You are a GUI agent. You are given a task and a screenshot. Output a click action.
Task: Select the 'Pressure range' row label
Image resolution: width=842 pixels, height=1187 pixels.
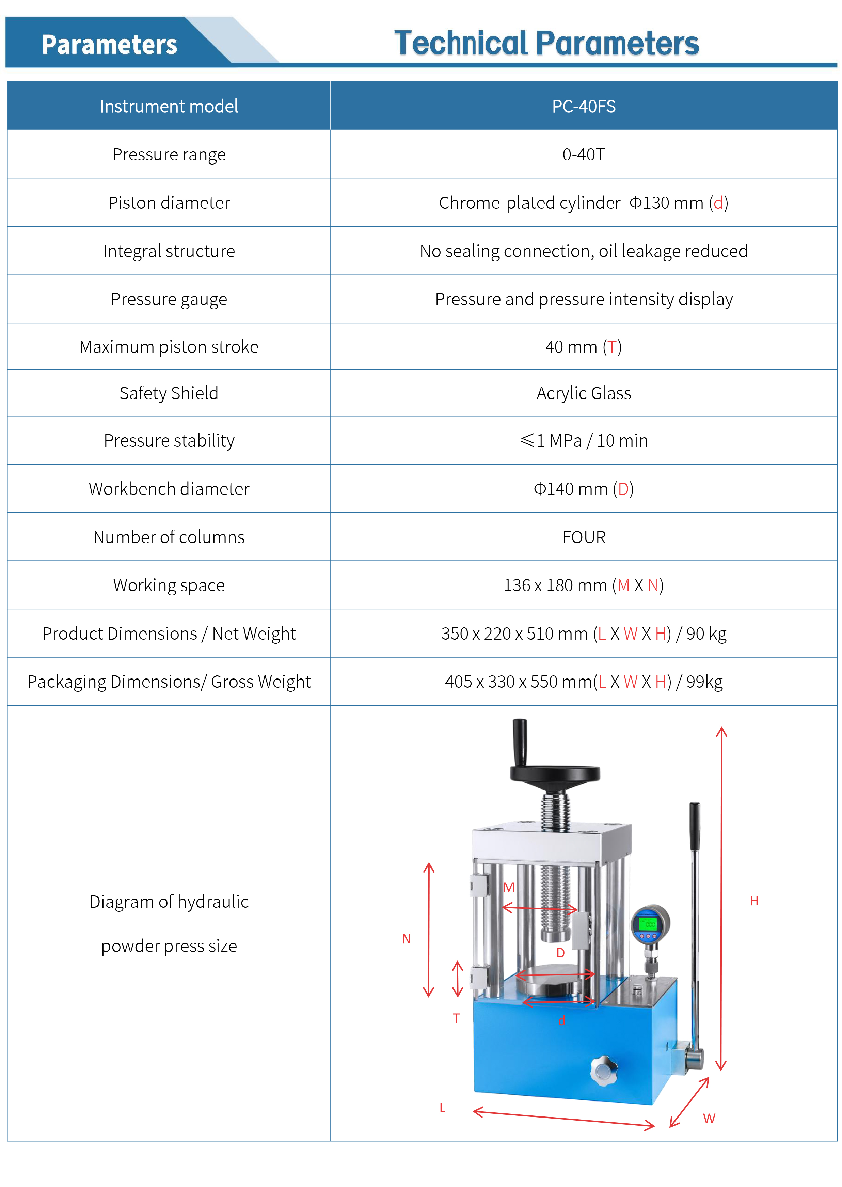click(x=169, y=155)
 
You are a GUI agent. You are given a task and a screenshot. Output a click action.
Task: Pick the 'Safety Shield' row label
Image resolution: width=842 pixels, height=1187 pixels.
click(x=169, y=393)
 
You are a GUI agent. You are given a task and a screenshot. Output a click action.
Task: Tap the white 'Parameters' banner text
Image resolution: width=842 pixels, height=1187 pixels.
click(x=109, y=45)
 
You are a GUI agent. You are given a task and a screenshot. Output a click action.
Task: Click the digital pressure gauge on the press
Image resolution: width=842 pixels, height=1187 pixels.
click(x=649, y=924)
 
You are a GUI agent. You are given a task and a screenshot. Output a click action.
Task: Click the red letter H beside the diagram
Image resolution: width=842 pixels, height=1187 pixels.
click(x=754, y=901)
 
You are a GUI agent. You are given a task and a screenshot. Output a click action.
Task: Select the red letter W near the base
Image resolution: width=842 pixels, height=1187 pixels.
click(x=709, y=1119)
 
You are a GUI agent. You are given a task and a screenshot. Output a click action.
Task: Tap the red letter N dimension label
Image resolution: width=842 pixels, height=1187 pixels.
click(x=407, y=939)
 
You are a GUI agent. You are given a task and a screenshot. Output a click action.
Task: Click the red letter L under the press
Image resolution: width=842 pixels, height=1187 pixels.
click(x=442, y=1108)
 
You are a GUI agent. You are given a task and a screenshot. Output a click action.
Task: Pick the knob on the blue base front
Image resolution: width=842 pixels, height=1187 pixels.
click(x=604, y=1070)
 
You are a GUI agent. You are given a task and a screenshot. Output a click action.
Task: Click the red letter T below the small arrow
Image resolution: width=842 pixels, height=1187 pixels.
click(x=456, y=1018)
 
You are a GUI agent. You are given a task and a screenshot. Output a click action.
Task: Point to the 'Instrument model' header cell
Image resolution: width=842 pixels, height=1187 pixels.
click(x=169, y=106)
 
